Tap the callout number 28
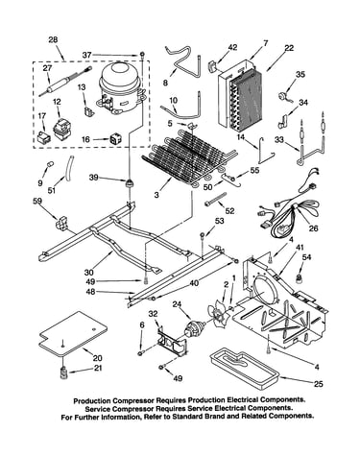(53, 40)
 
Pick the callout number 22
(288, 48)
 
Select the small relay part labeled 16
(115, 139)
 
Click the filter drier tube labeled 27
(65, 82)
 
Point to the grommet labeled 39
(130, 184)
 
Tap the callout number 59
(36, 201)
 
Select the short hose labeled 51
(69, 168)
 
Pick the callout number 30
(88, 272)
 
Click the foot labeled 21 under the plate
(64, 372)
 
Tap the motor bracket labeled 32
(172, 340)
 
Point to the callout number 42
(232, 47)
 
